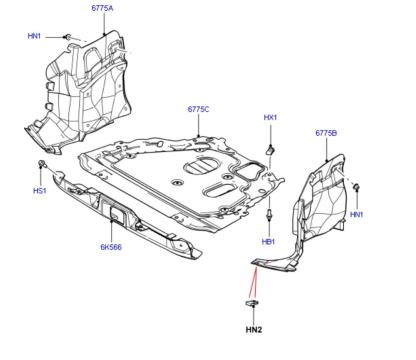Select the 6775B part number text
tap(327, 132)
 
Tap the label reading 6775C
tap(199, 109)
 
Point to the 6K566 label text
tap(110, 246)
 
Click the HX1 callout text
tap(269, 118)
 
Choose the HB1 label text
tap(268, 241)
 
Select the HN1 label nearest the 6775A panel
tap(34, 36)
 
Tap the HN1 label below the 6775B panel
tap(356, 215)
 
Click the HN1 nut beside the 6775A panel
tap(67, 37)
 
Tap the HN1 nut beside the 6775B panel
tap(354, 186)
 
